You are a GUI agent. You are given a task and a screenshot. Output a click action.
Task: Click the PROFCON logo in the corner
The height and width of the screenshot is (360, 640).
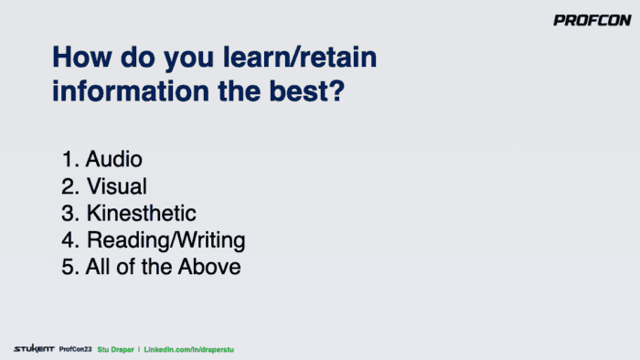tap(592, 20)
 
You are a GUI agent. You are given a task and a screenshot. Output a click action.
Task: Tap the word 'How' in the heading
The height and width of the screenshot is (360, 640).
tap(82, 57)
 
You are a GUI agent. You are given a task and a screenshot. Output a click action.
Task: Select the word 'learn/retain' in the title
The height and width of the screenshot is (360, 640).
tap(300, 57)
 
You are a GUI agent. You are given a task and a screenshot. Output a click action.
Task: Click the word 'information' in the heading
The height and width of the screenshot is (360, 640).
tap(131, 90)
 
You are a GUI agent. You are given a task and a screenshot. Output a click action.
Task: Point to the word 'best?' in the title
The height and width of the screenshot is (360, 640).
tap(307, 90)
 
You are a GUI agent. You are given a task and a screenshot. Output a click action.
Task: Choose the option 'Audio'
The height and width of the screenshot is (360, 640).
tap(114, 159)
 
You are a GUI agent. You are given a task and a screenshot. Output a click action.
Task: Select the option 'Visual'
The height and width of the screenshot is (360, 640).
tap(117, 186)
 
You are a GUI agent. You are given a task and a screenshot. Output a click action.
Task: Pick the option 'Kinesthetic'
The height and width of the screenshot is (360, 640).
tap(141, 213)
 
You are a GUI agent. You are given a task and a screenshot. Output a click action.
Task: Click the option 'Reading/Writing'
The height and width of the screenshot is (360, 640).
tap(165, 240)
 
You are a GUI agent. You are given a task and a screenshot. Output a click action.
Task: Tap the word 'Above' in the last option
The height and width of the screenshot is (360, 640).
tap(209, 267)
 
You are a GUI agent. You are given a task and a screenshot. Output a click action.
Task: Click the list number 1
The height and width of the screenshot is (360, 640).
tap(69, 159)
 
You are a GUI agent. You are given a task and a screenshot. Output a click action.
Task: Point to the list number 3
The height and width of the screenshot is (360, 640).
tap(69, 213)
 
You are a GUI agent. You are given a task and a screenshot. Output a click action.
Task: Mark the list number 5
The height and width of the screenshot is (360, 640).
tap(69, 267)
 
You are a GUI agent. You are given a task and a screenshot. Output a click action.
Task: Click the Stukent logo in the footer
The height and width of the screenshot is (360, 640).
tap(34, 349)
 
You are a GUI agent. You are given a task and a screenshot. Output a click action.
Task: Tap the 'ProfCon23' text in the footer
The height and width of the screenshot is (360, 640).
tap(76, 349)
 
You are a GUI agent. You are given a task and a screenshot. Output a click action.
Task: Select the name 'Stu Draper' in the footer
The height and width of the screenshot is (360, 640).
tap(115, 350)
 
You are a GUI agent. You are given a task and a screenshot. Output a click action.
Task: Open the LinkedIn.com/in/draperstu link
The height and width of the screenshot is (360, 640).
tap(189, 350)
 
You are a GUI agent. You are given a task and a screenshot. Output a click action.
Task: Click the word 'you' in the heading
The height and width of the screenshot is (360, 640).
tap(188, 59)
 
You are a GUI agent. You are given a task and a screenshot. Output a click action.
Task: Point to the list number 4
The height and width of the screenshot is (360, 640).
tap(69, 240)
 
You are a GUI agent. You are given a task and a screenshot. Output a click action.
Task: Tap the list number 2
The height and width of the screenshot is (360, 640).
tap(69, 186)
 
